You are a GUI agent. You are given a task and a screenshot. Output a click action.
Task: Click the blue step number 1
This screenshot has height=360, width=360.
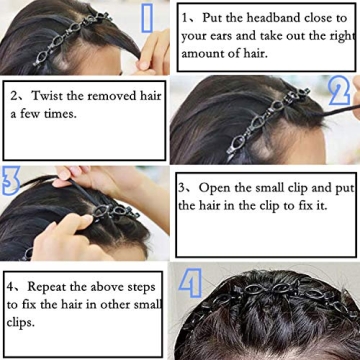pyautogui.click(x=148, y=20)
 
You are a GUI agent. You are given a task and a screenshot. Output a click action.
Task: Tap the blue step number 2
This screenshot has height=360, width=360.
pyautogui.click(x=337, y=92)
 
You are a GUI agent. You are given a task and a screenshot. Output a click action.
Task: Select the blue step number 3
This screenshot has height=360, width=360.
pyautogui.click(x=11, y=181)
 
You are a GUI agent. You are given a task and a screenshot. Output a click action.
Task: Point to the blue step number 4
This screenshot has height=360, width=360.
pyautogui.click(x=190, y=284)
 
